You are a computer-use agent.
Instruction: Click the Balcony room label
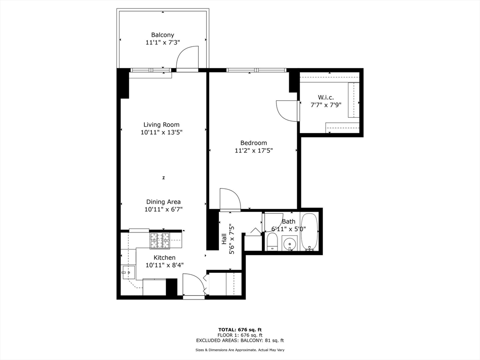coord(162,35)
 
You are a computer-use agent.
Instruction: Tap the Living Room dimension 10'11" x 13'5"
coord(161,132)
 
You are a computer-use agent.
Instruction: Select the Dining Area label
coord(163,202)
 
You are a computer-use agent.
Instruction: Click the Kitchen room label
coord(165,257)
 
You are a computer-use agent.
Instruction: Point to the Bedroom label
coord(254,143)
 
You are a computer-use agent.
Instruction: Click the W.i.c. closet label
coord(325,97)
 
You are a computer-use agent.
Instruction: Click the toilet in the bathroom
coord(272,242)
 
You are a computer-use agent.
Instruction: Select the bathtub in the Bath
coord(309,232)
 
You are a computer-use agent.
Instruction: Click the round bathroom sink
coord(290,244)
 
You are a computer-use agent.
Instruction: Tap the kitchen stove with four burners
coord(159,240)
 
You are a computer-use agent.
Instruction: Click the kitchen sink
coord(128,272)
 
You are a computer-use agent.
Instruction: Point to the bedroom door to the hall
coord(230,199)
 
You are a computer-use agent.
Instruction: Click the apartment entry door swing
coord(193,285)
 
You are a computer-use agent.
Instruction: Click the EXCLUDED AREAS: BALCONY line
coord(240,341)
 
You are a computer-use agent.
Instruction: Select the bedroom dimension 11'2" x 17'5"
coord(254,150)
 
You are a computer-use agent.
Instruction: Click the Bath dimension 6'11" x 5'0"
coord(288,229)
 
